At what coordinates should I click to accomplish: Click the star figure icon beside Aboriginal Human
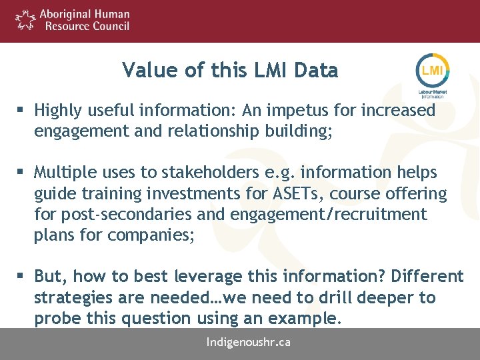point(25,20)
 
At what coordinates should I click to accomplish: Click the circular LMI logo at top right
point(433,70)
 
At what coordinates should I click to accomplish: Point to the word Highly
point(58,110)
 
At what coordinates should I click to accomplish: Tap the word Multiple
point(64,173)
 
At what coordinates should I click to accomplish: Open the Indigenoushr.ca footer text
point(249,343)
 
